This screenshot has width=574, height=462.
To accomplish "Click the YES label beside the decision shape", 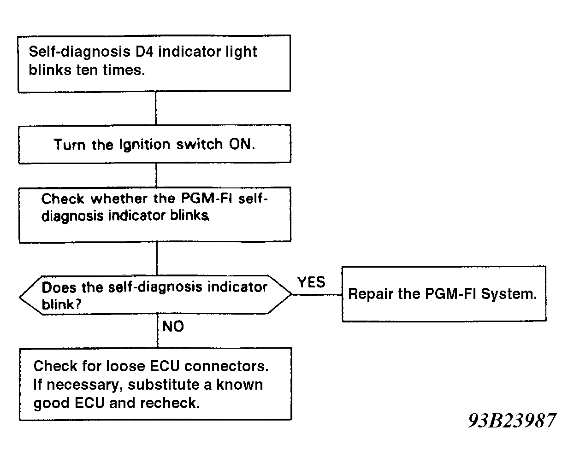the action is pos(311,282).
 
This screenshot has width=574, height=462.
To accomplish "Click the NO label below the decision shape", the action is pos(173,326).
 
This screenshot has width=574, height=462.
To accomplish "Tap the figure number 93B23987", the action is pos(512,421).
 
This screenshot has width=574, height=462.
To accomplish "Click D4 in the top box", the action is pos(145,52).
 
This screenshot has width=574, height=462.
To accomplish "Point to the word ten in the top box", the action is pos(87,70).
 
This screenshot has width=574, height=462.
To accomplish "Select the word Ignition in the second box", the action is pos(144,145).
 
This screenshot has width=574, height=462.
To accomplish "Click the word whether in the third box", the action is pos(119,199).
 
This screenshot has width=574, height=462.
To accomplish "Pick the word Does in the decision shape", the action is pos(59,288).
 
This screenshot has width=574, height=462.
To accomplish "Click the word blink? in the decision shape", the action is pos(61,304).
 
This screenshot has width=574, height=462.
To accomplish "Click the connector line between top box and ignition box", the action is pos(156,108).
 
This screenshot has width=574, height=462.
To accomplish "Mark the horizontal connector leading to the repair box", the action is pos(317,295).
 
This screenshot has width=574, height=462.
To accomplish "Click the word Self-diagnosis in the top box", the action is pos(79,52).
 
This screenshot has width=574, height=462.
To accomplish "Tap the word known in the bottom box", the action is pos(239,385).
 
